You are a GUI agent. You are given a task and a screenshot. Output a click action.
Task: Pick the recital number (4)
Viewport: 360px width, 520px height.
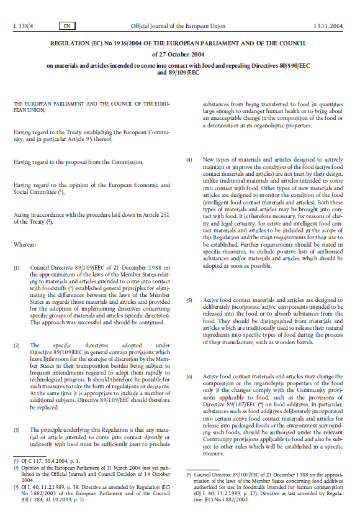click(x=190, y=161)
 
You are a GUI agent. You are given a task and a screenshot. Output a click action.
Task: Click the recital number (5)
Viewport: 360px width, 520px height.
click(x=190, y=301)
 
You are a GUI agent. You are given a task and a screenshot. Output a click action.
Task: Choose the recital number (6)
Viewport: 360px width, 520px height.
click(x=190, y=378)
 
